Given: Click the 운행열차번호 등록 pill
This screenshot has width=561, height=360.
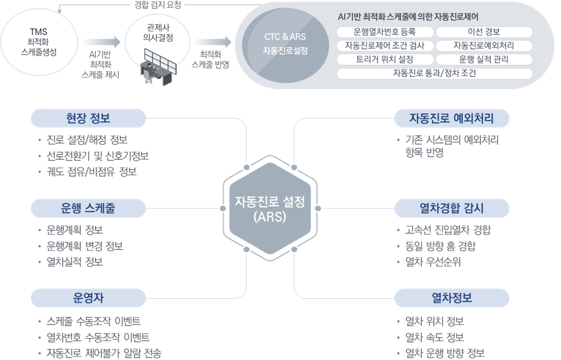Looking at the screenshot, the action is click(385, 32).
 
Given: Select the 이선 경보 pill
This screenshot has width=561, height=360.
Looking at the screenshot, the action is click(484, 32).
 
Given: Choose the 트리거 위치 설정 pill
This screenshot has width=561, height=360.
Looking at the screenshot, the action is click(385, 59).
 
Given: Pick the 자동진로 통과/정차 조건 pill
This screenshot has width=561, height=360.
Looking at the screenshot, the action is click(434, 73).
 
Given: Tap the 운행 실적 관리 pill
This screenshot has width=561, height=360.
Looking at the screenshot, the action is click(484, 59).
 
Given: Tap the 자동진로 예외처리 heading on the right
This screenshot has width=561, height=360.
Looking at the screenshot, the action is click(451, 118).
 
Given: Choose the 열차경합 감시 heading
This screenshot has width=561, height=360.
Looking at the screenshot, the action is click(451, 208).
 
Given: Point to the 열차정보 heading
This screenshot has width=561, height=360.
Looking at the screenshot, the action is click(451, 298).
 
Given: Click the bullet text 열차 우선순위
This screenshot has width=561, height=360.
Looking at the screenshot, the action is click(433, 262).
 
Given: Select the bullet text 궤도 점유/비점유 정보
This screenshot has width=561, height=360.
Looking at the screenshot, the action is click(91, 172).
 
